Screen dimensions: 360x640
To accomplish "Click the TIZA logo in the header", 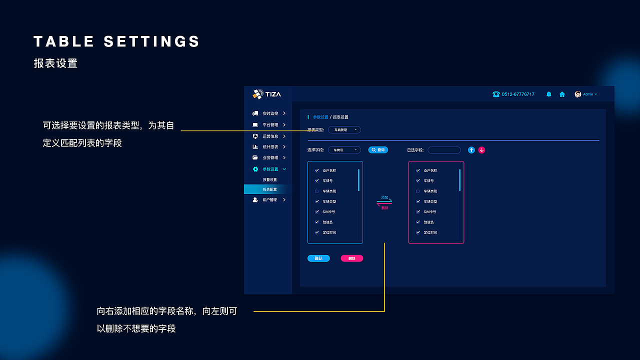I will (267, 94).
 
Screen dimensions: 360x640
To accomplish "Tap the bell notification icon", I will (548, 94).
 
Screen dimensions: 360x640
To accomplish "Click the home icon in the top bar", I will (562, 94).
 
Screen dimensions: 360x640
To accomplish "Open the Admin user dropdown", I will (586, 94).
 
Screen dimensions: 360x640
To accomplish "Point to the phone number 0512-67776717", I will (517, 94).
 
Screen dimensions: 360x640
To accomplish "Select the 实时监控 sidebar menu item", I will (270, 113).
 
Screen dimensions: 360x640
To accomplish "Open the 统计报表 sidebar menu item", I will (270, 147).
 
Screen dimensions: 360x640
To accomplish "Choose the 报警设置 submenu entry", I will (269, 179).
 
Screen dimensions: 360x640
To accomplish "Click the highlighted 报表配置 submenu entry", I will (269, 189).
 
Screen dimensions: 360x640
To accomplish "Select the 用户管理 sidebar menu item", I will (270, 200).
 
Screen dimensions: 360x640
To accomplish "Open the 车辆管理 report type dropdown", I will (344, 130).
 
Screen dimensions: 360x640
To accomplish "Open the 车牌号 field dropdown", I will (344, 150).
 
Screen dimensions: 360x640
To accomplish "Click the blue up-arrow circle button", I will (471, 150).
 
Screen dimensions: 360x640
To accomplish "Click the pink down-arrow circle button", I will (481, 150).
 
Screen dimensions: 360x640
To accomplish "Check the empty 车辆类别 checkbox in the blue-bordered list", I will (316, 191).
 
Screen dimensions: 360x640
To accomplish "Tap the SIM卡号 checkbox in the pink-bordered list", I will (418, 212).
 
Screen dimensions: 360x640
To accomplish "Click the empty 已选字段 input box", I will (444, 150).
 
